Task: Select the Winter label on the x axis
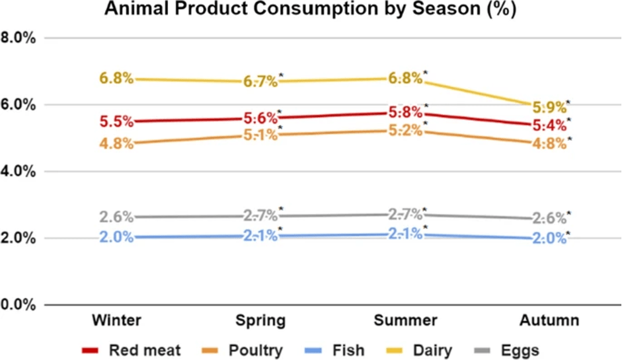point(116,321)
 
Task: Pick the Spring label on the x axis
point(260,321)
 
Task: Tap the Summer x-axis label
point(405,321)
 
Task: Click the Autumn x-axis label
point(549,321)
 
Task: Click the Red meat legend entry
point(130,350)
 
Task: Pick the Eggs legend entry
point(510,350)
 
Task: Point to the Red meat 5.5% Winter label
point(116,122)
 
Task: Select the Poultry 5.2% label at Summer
point(405,130)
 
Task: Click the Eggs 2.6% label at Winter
point(116,217)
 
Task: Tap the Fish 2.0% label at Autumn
point(549,238)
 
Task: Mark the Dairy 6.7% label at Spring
point(260,82)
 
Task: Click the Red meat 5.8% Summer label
point(405,112)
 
